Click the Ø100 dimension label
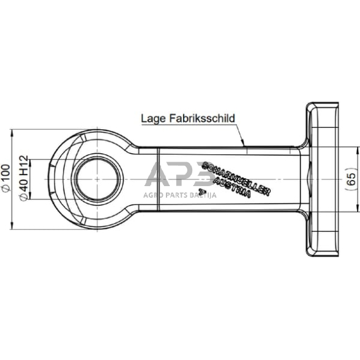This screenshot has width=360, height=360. point(6,178)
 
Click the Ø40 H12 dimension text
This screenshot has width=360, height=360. point(24,178)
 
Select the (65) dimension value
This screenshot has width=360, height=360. point(351,179)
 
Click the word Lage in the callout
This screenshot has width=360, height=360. point(153,119)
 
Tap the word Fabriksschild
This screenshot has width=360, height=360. point(202,118)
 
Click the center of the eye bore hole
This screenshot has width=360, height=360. point(98,179)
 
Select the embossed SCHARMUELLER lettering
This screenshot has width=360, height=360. point(236,178)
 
